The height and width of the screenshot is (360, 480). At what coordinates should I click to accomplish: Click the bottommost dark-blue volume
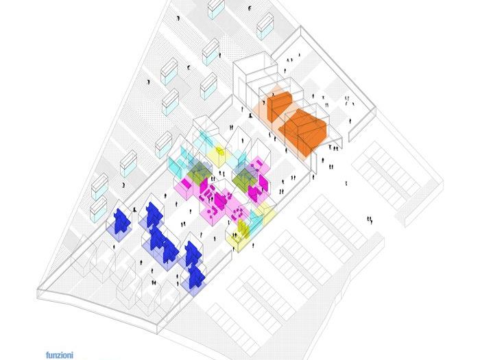coord(197,276)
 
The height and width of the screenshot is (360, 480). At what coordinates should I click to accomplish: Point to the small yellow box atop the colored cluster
coord(220,152)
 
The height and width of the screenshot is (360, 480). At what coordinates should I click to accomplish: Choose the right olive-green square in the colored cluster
coord(245,179)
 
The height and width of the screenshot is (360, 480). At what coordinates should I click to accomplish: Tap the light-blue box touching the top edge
coord(216,9)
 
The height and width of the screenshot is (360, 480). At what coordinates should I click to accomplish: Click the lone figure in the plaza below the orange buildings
coord(348,182)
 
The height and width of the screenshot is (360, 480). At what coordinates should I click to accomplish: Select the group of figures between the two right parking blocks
coord(370,219)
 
